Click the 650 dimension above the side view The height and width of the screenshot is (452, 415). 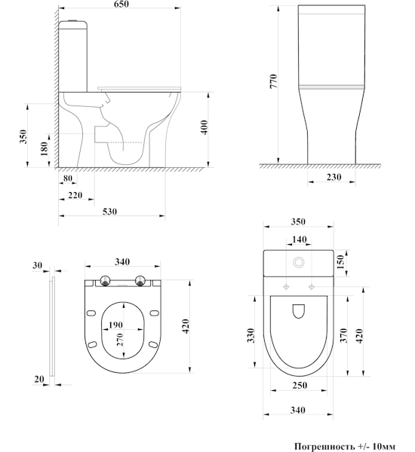[x=121, y=4]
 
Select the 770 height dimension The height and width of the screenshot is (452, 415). [x=273, y=81]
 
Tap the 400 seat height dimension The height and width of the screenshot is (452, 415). [x=204, y=127]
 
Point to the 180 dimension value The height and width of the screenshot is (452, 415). [x=45, y=148]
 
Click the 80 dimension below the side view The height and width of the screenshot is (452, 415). [x=68, y=179]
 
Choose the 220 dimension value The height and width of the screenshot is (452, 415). [x=75, y=195]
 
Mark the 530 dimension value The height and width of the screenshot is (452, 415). [x=109, y=212]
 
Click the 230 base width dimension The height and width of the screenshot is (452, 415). [x=334, y=177]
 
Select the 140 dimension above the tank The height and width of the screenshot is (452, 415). [x=300, y=240]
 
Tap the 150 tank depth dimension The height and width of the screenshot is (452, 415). [x=341, y=261]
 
